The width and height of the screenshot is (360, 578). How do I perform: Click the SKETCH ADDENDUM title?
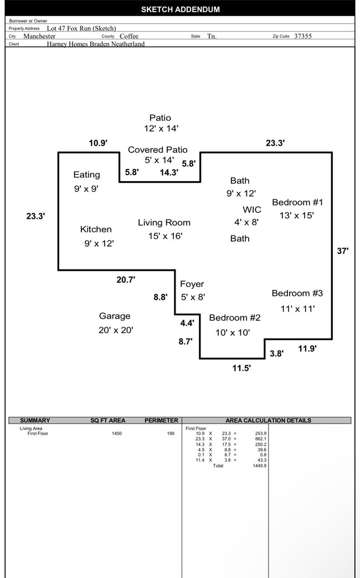[180, 9]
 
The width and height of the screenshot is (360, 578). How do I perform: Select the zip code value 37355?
[303, 36]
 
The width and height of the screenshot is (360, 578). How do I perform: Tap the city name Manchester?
[39, 36]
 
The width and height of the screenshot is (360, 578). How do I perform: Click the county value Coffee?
[129, 36]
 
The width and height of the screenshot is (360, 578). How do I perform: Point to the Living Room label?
[164, 223]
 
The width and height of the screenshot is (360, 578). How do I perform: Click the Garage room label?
[115, 316]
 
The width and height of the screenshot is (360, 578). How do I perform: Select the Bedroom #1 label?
[297, 202]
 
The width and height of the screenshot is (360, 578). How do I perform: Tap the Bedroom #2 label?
[234, 318]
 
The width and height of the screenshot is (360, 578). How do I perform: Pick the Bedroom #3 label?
[297, 293]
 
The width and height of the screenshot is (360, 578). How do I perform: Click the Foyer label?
[192, 284]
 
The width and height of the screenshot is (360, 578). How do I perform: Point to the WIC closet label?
[251, 210]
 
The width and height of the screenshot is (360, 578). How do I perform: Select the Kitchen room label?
[96, 229]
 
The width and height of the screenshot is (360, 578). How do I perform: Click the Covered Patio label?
[158, 150]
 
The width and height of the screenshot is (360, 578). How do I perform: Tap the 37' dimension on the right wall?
[343, 251]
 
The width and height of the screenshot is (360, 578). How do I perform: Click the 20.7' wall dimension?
[126, 280]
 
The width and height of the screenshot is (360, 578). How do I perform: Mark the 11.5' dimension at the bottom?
[241, 367]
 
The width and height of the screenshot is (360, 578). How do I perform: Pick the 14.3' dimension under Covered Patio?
[169, 172]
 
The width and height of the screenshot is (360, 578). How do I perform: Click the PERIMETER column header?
[161, 421]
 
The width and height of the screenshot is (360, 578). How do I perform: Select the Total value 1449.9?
[259, 466]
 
